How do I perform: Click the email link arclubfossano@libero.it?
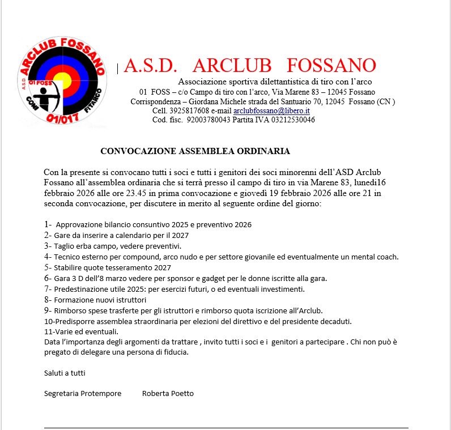(x=271, y=111)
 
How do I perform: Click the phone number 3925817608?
(x=187, y=111)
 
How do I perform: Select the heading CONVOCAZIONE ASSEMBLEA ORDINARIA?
(x=195, y=151)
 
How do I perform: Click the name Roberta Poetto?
(x=168, y=393)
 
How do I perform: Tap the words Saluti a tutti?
(x=65, y=373)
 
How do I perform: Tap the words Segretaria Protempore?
(x=83, y=393)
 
